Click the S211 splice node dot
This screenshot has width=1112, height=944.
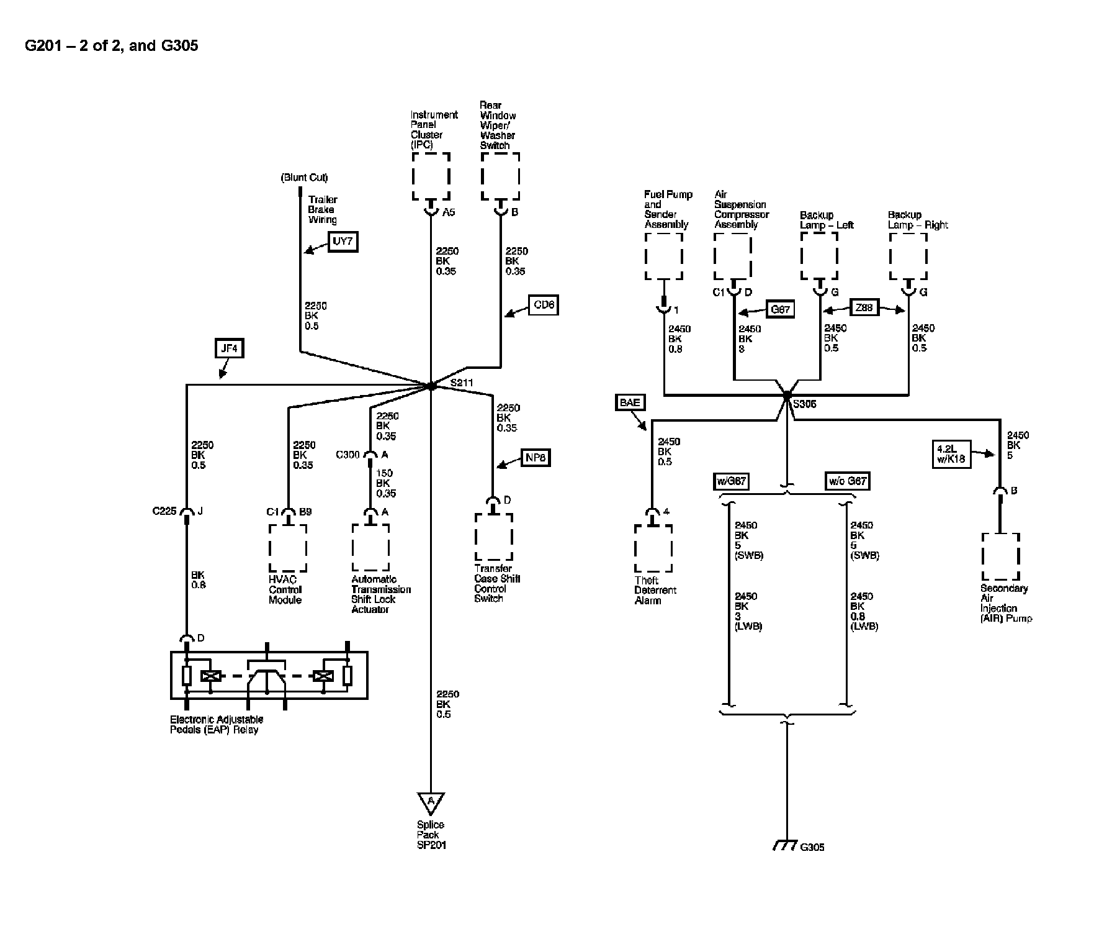coord(431,386)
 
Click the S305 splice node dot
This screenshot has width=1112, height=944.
coord(787,395)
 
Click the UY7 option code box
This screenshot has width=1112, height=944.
coord(343,242)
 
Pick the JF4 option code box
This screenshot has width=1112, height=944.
coord(229,349)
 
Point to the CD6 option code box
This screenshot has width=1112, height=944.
coord(544,306)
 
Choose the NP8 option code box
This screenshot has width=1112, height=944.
coord(535,458)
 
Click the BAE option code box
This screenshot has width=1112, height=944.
coord(630,402)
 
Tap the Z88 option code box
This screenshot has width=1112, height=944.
coord(864,307)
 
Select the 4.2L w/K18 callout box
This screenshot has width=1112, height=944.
coord(951,454)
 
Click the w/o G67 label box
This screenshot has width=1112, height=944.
coord(847,481)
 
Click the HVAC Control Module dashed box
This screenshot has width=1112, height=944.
coord(287,548)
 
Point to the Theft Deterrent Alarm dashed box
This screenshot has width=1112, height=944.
coord(653,548)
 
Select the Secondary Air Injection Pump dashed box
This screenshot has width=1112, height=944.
coord(1000,556)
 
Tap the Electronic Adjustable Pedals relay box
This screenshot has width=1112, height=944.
coord(269,675)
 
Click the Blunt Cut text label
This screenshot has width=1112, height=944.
coord(304,178)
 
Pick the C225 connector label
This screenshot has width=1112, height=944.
coord(164,512)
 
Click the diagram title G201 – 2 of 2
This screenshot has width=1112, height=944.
coord(112,45)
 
